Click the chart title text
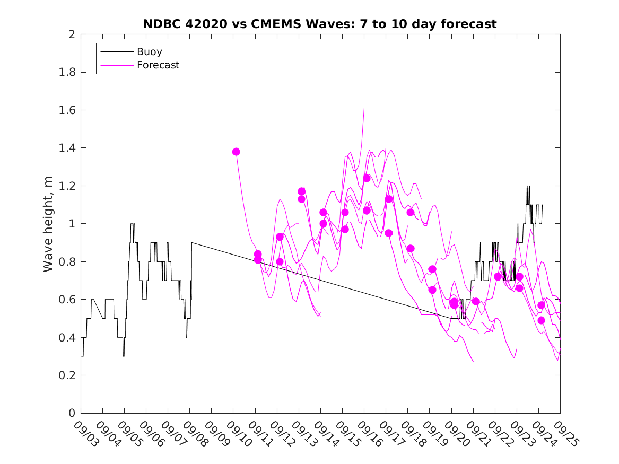tap(320, 24)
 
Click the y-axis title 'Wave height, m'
tap(48, 223)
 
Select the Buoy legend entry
tap(150, 52)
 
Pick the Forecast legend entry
tap(158, 66)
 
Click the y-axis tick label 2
tap(71, 34)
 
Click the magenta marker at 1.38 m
tap(236, 152)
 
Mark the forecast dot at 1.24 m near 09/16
tap(367, 178)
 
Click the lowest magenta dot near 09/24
tap(541, 320)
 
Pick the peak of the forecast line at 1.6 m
tap(364, 108)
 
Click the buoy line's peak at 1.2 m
tap(528, 186)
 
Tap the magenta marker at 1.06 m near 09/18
tap(410, 212)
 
